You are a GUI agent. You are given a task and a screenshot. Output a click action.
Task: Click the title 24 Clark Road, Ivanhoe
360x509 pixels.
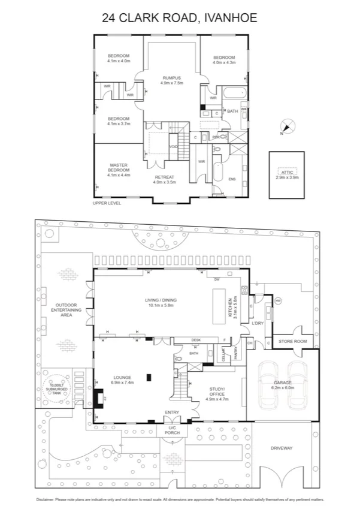pos(180,17)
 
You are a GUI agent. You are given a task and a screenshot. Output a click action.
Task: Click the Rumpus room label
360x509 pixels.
pos(172,80)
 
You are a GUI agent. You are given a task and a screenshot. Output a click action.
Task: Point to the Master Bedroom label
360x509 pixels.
pos(118,170)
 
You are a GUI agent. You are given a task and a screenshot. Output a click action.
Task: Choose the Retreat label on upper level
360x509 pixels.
pos(164,179)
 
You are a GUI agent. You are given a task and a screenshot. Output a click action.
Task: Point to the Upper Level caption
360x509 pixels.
pos(107,204)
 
